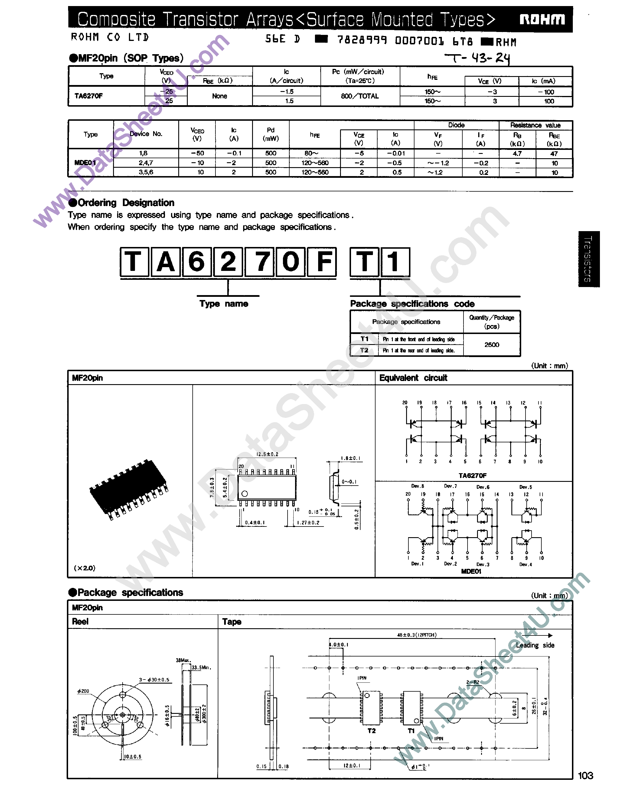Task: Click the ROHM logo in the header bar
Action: point(542,19)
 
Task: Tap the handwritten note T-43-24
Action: point(477,58)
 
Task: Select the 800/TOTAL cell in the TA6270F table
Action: point(359,96)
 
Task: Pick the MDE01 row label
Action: point(85,163)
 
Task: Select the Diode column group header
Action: point(456,125)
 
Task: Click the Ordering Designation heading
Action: point(126,203)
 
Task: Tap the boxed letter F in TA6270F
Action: point(322,262)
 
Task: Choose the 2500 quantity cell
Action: point(492,345)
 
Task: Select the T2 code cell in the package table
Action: point(364,350)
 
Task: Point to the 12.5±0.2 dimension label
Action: point(267,454)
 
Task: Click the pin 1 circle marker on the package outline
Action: point(245,494)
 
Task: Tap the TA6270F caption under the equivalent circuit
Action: point(472,476)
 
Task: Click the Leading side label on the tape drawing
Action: point(535,645)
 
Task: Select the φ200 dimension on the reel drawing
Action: point(83,691)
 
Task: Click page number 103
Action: point(585,776)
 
